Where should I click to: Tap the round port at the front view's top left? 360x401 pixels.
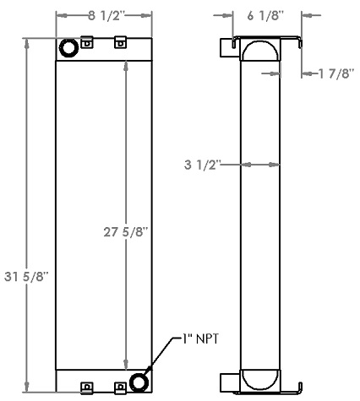click(68, 50)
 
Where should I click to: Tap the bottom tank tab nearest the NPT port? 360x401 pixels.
click(120, 387)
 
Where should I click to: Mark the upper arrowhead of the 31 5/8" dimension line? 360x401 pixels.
click(27, 41)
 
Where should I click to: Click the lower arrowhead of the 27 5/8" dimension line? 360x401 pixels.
click(126, 366)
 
